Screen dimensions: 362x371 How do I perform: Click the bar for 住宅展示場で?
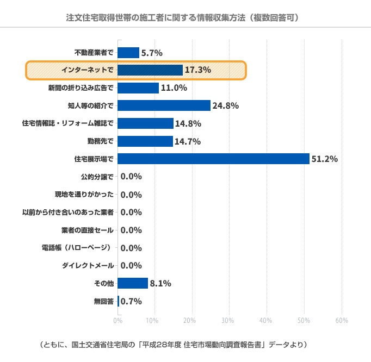click(x=213, y=159)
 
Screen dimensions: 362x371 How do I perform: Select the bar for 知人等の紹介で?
click(x=164, y=105)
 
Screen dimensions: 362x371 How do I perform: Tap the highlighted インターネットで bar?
click(x=150, y=70)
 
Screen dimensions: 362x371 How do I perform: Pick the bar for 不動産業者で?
click(x=128, y=53)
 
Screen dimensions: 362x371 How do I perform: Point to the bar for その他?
click(x=133, y=283)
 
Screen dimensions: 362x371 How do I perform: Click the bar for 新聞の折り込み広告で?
click(x=138, y=88)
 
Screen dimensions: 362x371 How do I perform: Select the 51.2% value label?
click(x=324, y=159)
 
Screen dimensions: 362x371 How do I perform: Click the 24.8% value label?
click(x=226, y=106)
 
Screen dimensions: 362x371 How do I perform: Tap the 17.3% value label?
click(x=197, y=70)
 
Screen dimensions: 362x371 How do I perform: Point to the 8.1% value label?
click(x=160, y=283)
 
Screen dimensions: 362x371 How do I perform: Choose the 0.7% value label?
click(x=131, y=301)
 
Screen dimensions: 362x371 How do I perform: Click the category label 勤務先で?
click(x=100, y=141)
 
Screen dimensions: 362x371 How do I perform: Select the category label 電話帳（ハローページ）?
click(x=78, y=248)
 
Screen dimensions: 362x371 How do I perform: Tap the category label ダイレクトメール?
click(x=88, y=266)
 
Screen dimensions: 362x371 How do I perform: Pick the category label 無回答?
click(x=103, y=301)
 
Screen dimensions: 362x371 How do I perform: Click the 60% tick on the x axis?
click(x=341, y=320)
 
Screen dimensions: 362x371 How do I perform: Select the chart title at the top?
click(x=185, y=17)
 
